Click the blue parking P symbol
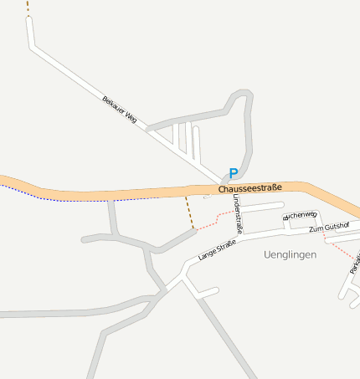[x=234, y=173]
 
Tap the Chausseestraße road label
[x=250, y=189]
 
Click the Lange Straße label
[x=218, y=248]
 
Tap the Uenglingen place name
[x=290, y=254]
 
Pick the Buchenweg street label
[x=301, y=215]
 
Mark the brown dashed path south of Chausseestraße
[x=189, y=213]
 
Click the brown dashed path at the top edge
[x=27, y=7]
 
